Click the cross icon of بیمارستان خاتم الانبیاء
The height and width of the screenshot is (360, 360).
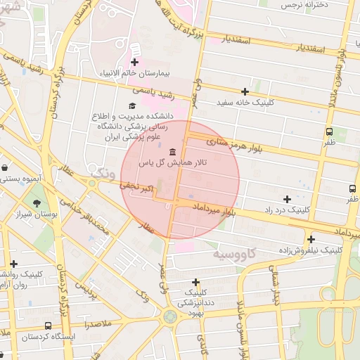click(135, 63)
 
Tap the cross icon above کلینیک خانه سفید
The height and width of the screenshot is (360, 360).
click(245, 91)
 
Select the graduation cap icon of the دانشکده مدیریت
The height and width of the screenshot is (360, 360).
click(132, 105)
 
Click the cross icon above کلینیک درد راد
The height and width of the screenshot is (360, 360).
click(286, 199)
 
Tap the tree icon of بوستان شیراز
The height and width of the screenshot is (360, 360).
click(36, 204)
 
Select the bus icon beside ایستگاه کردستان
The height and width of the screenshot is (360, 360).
click(47, 326)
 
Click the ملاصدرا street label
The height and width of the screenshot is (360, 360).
click(94, 325)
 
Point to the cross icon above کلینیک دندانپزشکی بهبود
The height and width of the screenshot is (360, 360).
click(195, 282)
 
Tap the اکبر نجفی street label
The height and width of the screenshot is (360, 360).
click(136, 187)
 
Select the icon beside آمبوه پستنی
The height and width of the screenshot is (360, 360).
click(6, 168)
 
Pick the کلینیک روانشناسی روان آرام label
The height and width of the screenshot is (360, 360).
click(13, 280)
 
